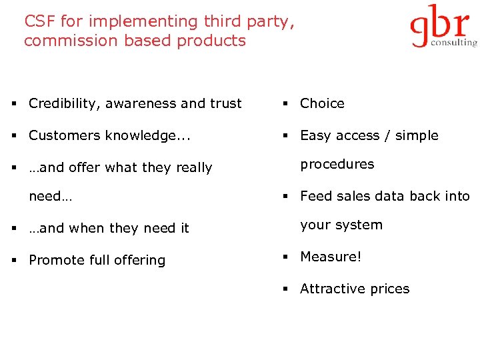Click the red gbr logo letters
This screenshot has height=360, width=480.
point(440,25)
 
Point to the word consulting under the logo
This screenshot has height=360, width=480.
point(454,42)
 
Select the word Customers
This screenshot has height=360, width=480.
point(65,135)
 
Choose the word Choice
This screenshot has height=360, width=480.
point(322,103)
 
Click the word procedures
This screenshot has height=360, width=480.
point(337,164)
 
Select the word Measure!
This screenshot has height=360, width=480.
point(331,257)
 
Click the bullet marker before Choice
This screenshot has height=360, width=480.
point(284,104)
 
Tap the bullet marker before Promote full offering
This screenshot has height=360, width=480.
point(13,261)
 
